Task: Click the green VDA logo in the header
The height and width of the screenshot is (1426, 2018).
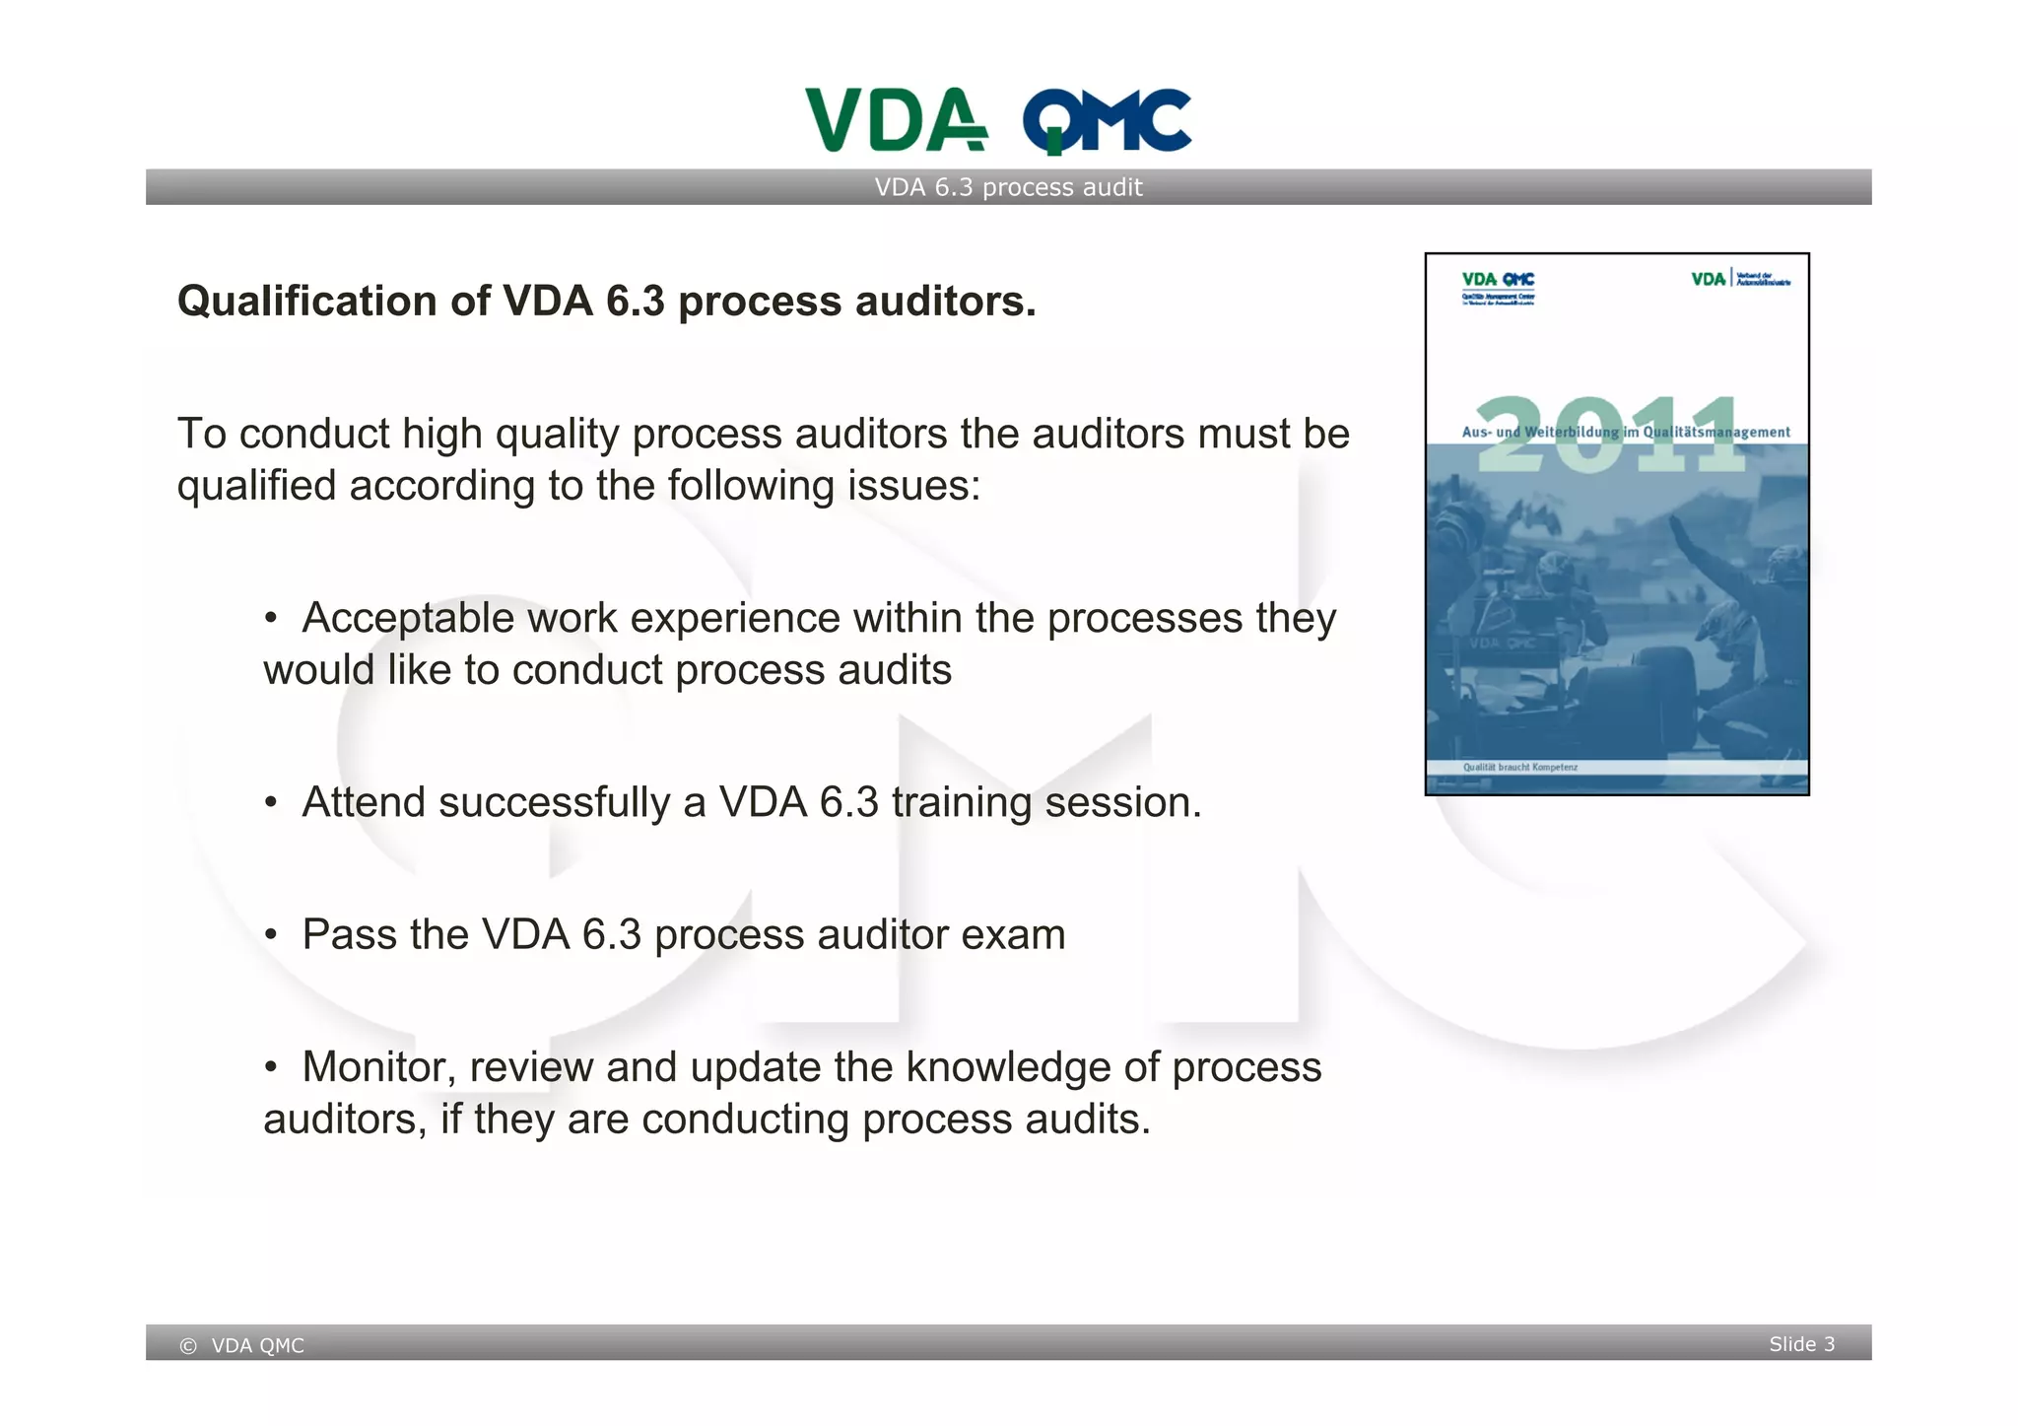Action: pos(895,120)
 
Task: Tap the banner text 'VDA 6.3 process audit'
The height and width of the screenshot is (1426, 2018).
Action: pos(1008,187)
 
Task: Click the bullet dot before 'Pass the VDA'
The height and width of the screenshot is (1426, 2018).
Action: pos(271,934)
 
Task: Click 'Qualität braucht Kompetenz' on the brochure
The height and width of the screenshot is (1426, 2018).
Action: pos(1519,767)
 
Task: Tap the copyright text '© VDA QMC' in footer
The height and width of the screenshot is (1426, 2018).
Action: pos(242,1345)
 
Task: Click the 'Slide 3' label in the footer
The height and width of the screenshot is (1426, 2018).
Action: pos(1801,1344)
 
